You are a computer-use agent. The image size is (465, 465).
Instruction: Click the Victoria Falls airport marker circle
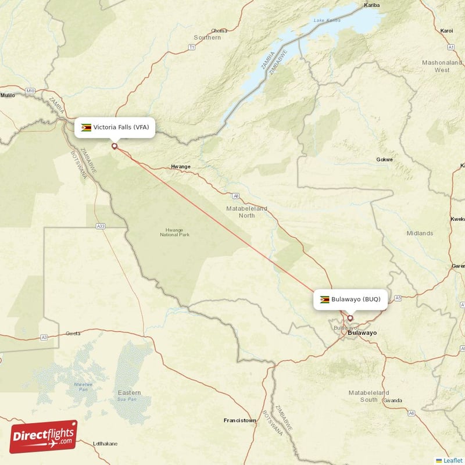click(x=115, y=146)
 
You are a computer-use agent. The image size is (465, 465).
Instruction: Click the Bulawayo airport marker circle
click(x=350, y=318)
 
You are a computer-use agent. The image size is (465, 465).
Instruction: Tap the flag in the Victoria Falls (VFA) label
click(x=86, y=127)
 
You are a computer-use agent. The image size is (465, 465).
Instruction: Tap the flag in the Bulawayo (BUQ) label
click(x=324, y=299)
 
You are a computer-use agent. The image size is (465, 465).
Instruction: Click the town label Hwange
click(x=180, y=167)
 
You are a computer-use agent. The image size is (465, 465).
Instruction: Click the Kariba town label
click(x=371, y=5)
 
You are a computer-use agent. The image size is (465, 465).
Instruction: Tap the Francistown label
click(x=239, y=420)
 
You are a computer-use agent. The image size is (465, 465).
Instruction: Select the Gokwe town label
click(x=385, y=159)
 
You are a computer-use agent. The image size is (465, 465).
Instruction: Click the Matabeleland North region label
click(x=247, y=212)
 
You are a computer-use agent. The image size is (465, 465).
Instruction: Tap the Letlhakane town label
click(x=105, y=443)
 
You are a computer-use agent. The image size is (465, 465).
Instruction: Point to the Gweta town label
click(x=73, y=334)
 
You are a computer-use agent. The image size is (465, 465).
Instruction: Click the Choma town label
click(x=219, y=30)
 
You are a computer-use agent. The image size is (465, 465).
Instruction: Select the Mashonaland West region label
click(x=442, y=66)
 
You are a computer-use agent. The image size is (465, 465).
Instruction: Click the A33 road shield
click(x=101, y=226)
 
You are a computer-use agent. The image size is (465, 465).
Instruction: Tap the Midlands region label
click(x=420, y=233)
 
